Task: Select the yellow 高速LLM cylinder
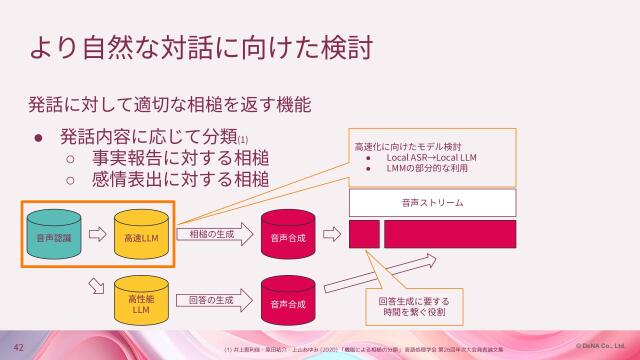point(141,237)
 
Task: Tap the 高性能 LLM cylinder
point(141,301)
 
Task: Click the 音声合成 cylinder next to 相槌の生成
point(287,237)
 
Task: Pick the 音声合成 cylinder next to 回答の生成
point(287,301)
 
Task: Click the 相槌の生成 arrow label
point(212,235)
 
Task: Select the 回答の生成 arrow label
point(211,299)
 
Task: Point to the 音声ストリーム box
point(432,203)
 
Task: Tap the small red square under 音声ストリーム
point(364,235)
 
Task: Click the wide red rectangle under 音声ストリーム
point(450,235)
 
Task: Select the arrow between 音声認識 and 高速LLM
point(97,237)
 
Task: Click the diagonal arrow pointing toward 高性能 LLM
point(97,288)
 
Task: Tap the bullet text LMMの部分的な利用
point(430,168)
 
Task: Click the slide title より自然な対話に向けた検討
point(205,47)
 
